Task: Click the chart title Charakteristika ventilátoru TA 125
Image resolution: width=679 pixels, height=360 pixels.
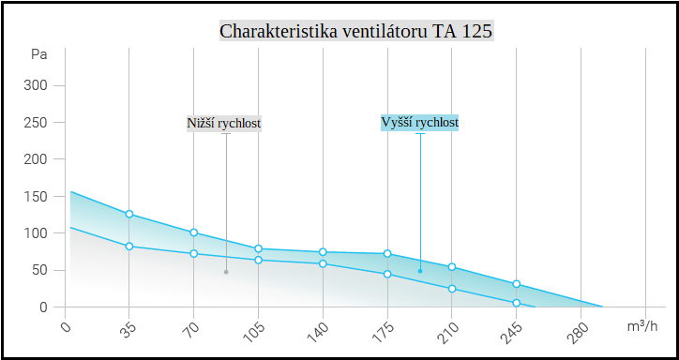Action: (355, 31)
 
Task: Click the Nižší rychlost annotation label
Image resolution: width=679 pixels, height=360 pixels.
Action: (223, 123)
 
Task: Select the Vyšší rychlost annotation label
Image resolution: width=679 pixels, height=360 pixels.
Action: (419, 123)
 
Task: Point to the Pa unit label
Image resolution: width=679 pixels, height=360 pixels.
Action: (38, 54)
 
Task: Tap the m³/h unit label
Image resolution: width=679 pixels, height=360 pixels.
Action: (641, 326)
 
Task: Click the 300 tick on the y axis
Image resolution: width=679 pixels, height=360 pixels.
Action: (37, 86)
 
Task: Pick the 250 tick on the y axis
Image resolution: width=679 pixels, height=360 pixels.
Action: (37, 123)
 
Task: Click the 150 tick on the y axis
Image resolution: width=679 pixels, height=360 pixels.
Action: (37, 197)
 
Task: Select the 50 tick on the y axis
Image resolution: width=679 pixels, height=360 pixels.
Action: (40, 270)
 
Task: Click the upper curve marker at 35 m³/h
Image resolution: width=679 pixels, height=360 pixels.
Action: (129, 215)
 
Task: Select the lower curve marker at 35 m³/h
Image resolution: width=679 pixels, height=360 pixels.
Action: (129, 247)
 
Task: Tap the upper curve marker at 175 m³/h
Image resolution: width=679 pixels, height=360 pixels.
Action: (387, 254)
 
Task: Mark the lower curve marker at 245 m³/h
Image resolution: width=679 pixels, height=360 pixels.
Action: (516, 303)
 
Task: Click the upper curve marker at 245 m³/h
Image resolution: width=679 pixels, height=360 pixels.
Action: (516, 284)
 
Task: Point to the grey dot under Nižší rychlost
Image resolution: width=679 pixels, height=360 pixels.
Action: (226, 272)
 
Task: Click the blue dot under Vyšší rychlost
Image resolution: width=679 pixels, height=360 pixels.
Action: (420, 271)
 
